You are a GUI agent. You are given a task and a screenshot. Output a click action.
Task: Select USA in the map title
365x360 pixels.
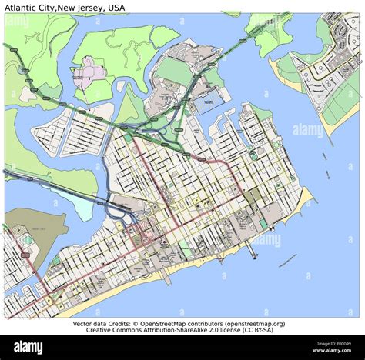click(116, 6)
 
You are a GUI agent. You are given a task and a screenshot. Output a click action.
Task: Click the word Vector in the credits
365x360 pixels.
click(85, 324)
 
